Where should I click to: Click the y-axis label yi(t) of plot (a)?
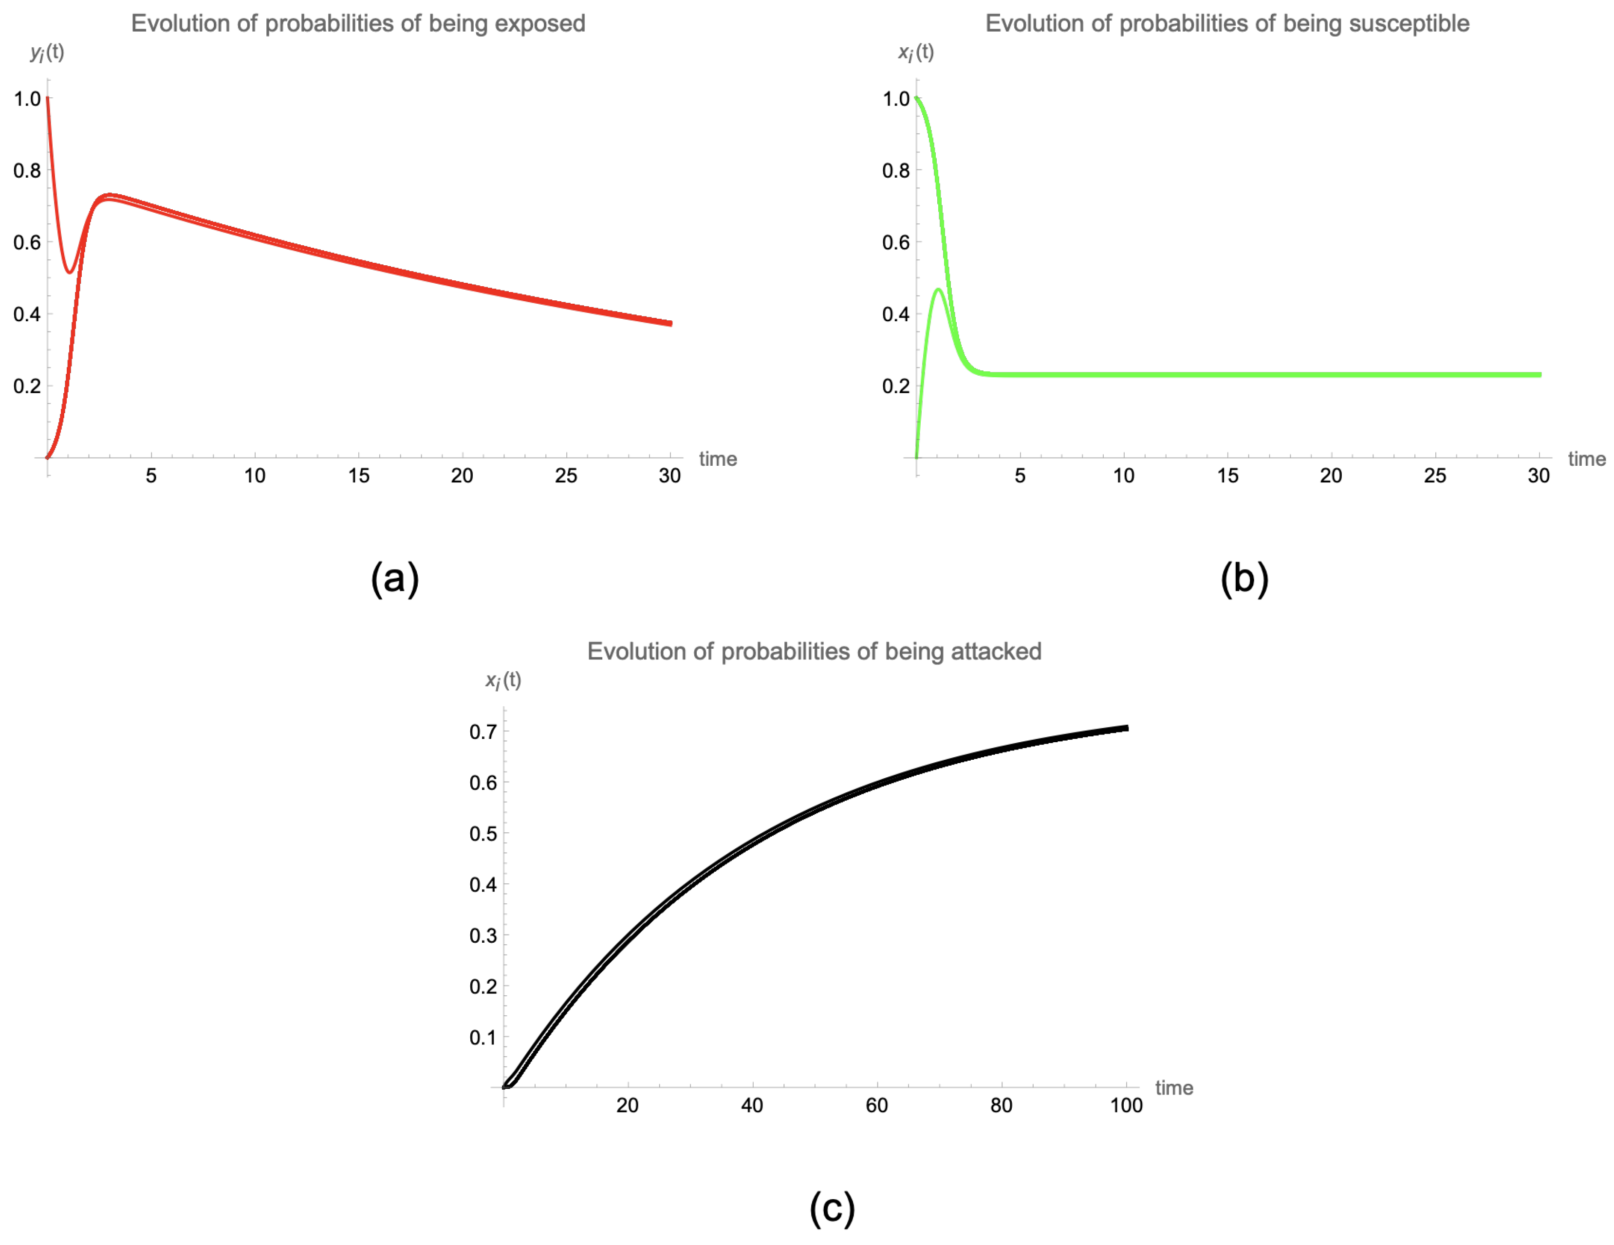pos(47,53)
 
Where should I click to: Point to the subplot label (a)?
pos(395,578)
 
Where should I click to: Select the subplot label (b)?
pos(1244,578)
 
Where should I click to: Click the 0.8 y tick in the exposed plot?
pos(27,171)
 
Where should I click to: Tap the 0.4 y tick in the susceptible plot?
pos(896,314)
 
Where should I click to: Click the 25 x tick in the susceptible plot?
pos(1434,476)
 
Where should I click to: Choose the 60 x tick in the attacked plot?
pos(876,1105)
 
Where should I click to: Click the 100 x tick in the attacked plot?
pos(1126,1105)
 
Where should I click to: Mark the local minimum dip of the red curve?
pos(70,272)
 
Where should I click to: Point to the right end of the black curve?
pos(1126,728)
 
